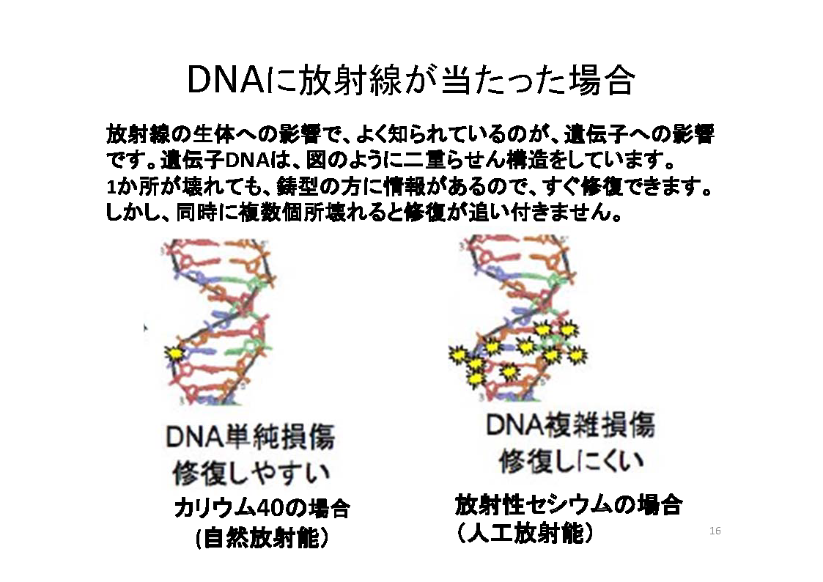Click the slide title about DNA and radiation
click(x=410, y=81)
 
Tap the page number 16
click(x=715, y=531)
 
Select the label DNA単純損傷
click(x=250, y=437)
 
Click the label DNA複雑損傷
click(x=570, y=425)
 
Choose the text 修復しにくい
click(x=571, y=461)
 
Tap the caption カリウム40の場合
click(x=262, y=508)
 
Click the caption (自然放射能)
click(x=262, y=537)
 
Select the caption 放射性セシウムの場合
click(x=569, y=505)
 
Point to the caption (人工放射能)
click(x=525, y=533)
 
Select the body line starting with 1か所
click(x=410, y=187)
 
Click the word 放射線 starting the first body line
click(x=138, y=134)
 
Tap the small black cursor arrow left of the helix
click(x=145, y=328)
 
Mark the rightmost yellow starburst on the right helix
click(x=577, y=356)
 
